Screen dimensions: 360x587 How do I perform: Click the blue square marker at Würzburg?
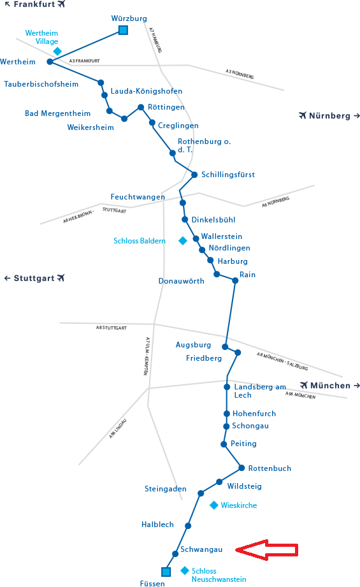click(123, 30)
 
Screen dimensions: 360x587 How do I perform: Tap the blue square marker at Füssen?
click(166, 572)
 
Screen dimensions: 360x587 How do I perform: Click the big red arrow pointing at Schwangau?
click(267, 550)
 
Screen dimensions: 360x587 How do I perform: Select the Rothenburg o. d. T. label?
click(205, 145)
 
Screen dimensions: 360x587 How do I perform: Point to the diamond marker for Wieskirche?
click(214, 505)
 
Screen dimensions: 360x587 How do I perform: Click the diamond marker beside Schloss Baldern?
click(183, 241)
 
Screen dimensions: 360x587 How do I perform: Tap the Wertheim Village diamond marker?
click(57, 51)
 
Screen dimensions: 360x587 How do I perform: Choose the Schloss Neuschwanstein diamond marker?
click(185, 570)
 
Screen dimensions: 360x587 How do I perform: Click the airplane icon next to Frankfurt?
click(61, 4)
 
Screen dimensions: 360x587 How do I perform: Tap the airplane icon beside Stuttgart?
click(61, 278)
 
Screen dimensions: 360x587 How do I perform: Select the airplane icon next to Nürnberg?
click(303, 115)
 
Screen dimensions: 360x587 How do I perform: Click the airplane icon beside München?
click(304, 385)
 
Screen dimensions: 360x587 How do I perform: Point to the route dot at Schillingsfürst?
click(194, 175)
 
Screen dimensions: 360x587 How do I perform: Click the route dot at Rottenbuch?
click(241, 468)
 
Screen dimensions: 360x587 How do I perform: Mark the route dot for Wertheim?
click(50, 62)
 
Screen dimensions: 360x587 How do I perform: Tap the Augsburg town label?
click(194, 345)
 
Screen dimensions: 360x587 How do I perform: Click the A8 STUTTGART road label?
click(111, 328)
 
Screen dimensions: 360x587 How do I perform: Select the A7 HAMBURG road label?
click(155, 40)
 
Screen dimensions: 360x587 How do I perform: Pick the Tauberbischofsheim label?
click(41, 84)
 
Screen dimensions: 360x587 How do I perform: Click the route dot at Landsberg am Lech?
click(227, 387)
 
